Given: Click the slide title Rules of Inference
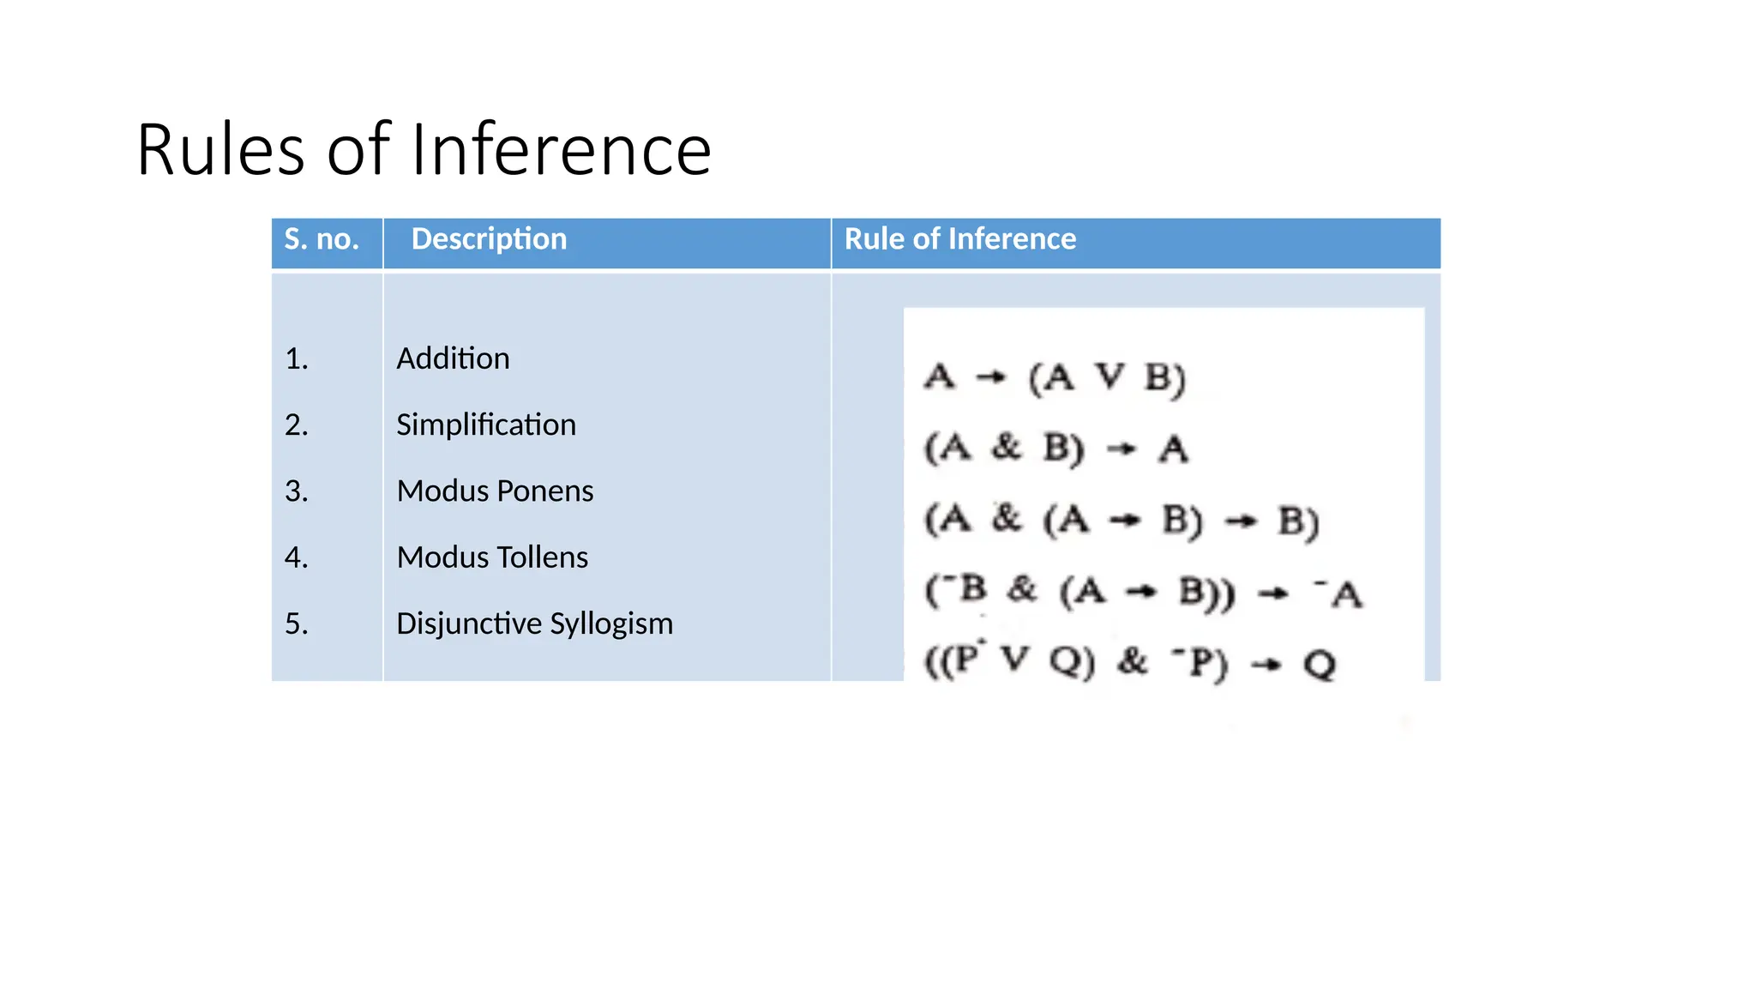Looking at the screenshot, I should pos(424,150).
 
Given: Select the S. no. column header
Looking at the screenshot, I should pos(322,239).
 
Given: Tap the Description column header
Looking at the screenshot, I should pos(489,239).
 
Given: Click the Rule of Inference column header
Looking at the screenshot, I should pos(959,239).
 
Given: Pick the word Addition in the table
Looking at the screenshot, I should pos(453,358).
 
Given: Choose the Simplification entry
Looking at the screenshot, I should pos(485,425).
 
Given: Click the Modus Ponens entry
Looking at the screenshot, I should pos(495,491).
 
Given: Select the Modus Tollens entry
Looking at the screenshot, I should pos(492,557).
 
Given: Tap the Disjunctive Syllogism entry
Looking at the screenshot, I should pos(534,624).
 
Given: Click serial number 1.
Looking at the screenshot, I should pos(296,359).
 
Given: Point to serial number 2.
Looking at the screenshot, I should pos(296,425).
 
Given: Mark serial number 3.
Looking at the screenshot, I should pos(296,491).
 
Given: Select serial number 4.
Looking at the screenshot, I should pos(296,557).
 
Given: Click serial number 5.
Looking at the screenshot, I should pos(296,624).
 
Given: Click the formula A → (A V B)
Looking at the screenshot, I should pos(1055,378).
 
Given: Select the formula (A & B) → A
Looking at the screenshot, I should pos(1055,449).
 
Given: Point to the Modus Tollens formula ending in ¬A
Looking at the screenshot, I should pos(1143,592).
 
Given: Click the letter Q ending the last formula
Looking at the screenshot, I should pos(1320,664).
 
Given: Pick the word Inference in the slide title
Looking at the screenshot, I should pos(561,150).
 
